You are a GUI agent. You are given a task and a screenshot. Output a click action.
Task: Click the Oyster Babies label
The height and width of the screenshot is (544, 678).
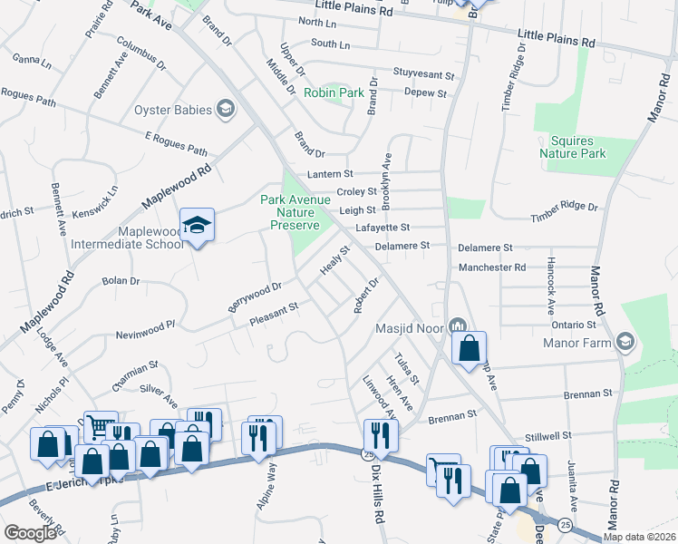[172, 111]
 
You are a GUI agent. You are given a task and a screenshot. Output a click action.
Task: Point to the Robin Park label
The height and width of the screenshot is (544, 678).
[333, 92]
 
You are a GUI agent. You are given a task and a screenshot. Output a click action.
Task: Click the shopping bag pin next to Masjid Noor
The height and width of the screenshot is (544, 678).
[469, 347]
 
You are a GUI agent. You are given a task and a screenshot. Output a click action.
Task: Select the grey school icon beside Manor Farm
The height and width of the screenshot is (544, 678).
[624, 342]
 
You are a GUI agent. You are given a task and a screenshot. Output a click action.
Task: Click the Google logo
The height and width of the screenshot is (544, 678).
[31, 533]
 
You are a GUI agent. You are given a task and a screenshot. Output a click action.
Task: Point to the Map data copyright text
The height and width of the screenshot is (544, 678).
[639, 537]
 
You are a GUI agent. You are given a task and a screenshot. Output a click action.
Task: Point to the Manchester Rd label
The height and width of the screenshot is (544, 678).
[491, 267]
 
